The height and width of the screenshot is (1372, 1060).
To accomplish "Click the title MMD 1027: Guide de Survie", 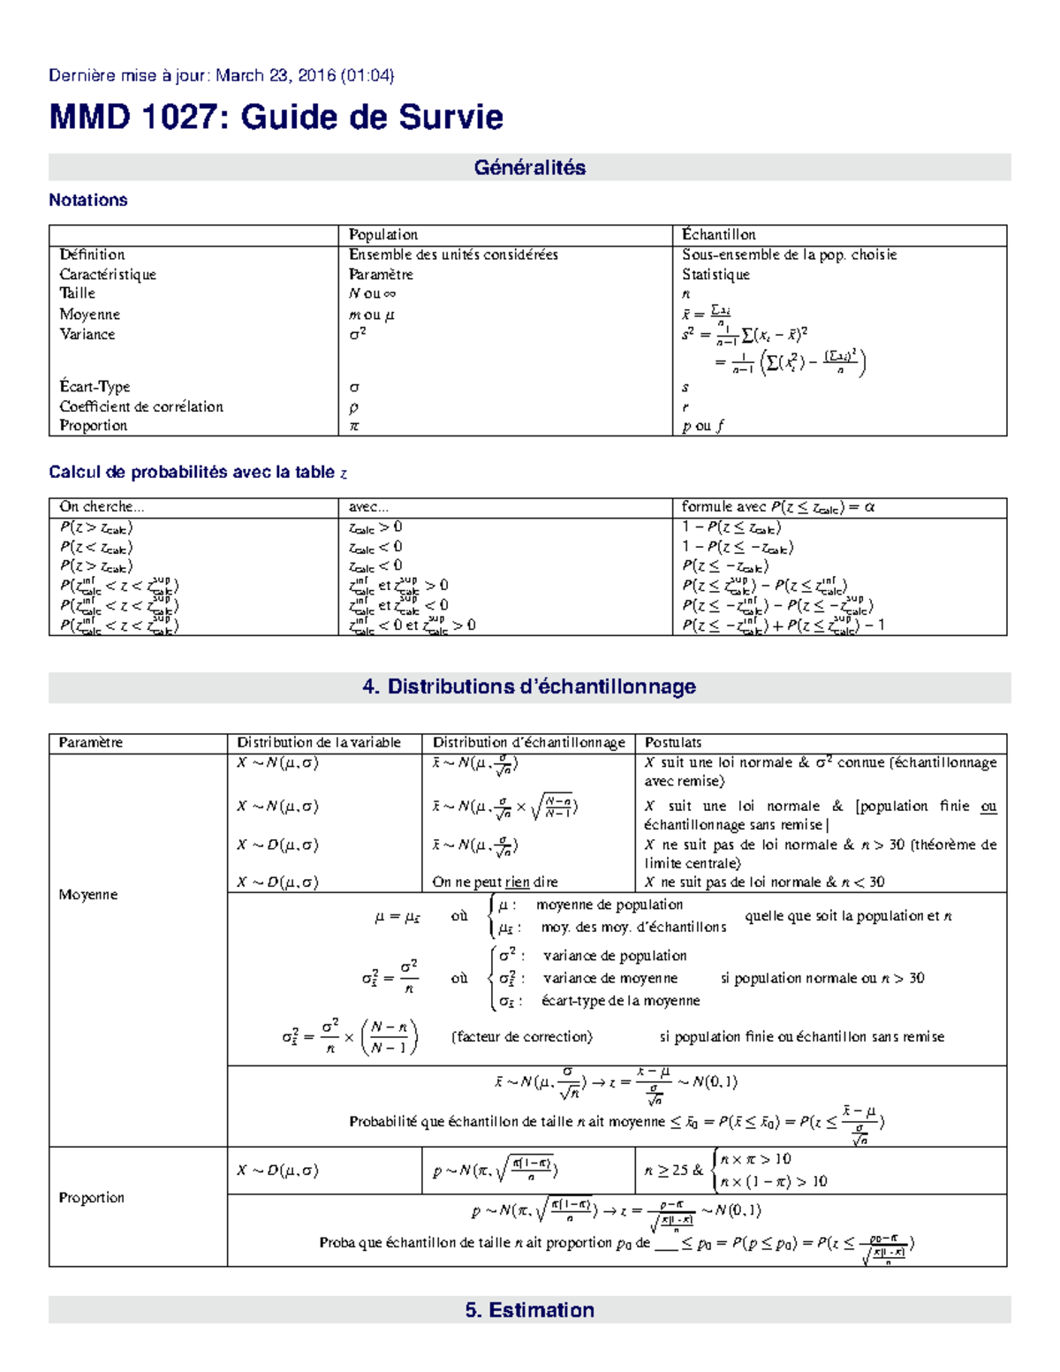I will (x=276, y=117).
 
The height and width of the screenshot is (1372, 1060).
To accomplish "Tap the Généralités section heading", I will (x=529, y=168).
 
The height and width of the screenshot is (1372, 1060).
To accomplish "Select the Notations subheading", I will (x=88, y=201).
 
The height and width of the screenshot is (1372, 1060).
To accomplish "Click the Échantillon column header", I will (x=718, y=235).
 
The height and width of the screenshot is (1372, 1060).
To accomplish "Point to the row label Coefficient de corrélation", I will (x=141, y=406).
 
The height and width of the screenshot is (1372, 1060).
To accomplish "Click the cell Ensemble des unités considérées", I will (x=453, y=254).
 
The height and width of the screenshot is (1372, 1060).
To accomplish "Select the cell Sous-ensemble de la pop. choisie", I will (x=789, y=254).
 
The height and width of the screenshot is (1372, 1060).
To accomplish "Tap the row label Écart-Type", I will (x=95, y=387).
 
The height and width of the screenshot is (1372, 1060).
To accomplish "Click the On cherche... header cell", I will (x=102, y=507).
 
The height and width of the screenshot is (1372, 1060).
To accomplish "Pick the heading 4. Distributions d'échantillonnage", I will (x=529, y=686).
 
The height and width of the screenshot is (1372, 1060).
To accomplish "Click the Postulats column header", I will (x=673, y=743).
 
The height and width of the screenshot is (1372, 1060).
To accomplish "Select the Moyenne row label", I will (x=87, y=895).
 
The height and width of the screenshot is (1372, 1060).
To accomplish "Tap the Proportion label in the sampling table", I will (x=91, y=1198).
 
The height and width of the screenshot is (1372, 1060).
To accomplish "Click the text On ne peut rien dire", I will (x=495, y=882).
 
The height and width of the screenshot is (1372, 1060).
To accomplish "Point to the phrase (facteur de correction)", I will (x=522, y=1037).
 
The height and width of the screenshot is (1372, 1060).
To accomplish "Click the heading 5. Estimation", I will (x=529, y=1310).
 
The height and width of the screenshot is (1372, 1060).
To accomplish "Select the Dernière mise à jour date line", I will (x=221, y=76).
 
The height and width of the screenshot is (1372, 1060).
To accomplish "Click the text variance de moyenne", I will (x=609, y=979).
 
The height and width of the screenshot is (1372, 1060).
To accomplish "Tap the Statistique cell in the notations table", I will (x=715, y=275).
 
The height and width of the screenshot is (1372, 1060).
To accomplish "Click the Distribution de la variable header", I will (x=319, y=743).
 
